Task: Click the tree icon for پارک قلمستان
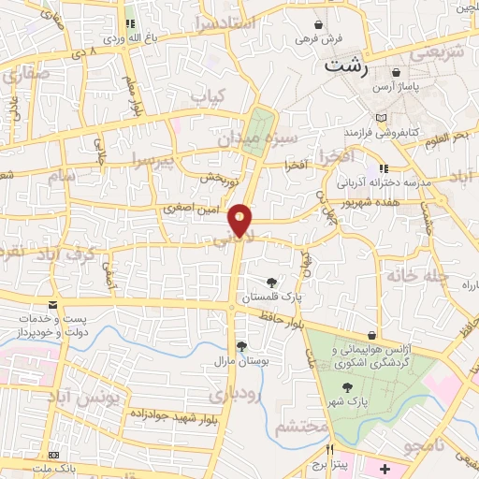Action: point(271,282)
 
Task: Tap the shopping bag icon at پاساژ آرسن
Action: point(398,71)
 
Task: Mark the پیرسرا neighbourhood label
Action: point(152,158)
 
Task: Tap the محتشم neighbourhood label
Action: point(303,427)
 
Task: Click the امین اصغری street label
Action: point(192,210)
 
